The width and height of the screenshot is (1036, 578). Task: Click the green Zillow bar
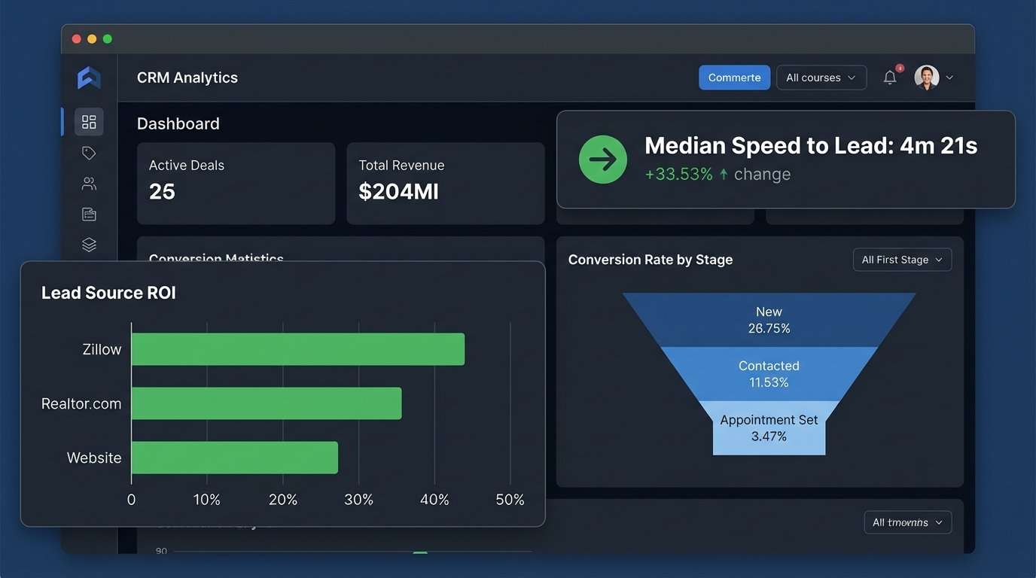tap(297, 349)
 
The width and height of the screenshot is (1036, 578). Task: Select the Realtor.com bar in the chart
tap(266, 403)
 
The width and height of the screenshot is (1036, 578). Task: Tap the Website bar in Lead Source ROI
tap(234, 458)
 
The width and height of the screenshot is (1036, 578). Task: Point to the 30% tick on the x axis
tap(358, 500)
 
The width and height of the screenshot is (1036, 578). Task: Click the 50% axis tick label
tap(510, 500)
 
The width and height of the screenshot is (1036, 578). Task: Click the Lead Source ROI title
tap(108, 293)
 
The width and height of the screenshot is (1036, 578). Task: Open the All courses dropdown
tap(821, 78)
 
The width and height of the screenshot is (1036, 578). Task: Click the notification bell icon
tap(890, 78)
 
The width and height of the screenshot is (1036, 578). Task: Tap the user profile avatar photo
tap(926, 78)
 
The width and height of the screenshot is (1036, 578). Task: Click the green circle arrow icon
tap(602, 160)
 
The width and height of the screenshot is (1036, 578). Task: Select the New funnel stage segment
tap(769, 320)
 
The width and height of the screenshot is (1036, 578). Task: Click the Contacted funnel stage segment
tap(769, 374)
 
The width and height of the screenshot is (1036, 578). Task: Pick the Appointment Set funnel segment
tap(769, 428)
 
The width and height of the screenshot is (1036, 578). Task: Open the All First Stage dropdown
tap(902, 260)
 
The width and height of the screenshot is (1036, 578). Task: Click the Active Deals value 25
tap(162, 192)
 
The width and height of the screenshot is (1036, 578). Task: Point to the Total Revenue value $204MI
tap(398, 192)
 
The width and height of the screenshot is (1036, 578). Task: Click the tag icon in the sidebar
tap(89, 154)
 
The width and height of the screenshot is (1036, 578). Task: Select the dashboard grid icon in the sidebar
tap(89, 122)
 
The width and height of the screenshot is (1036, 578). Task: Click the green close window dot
tap(108, 38)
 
